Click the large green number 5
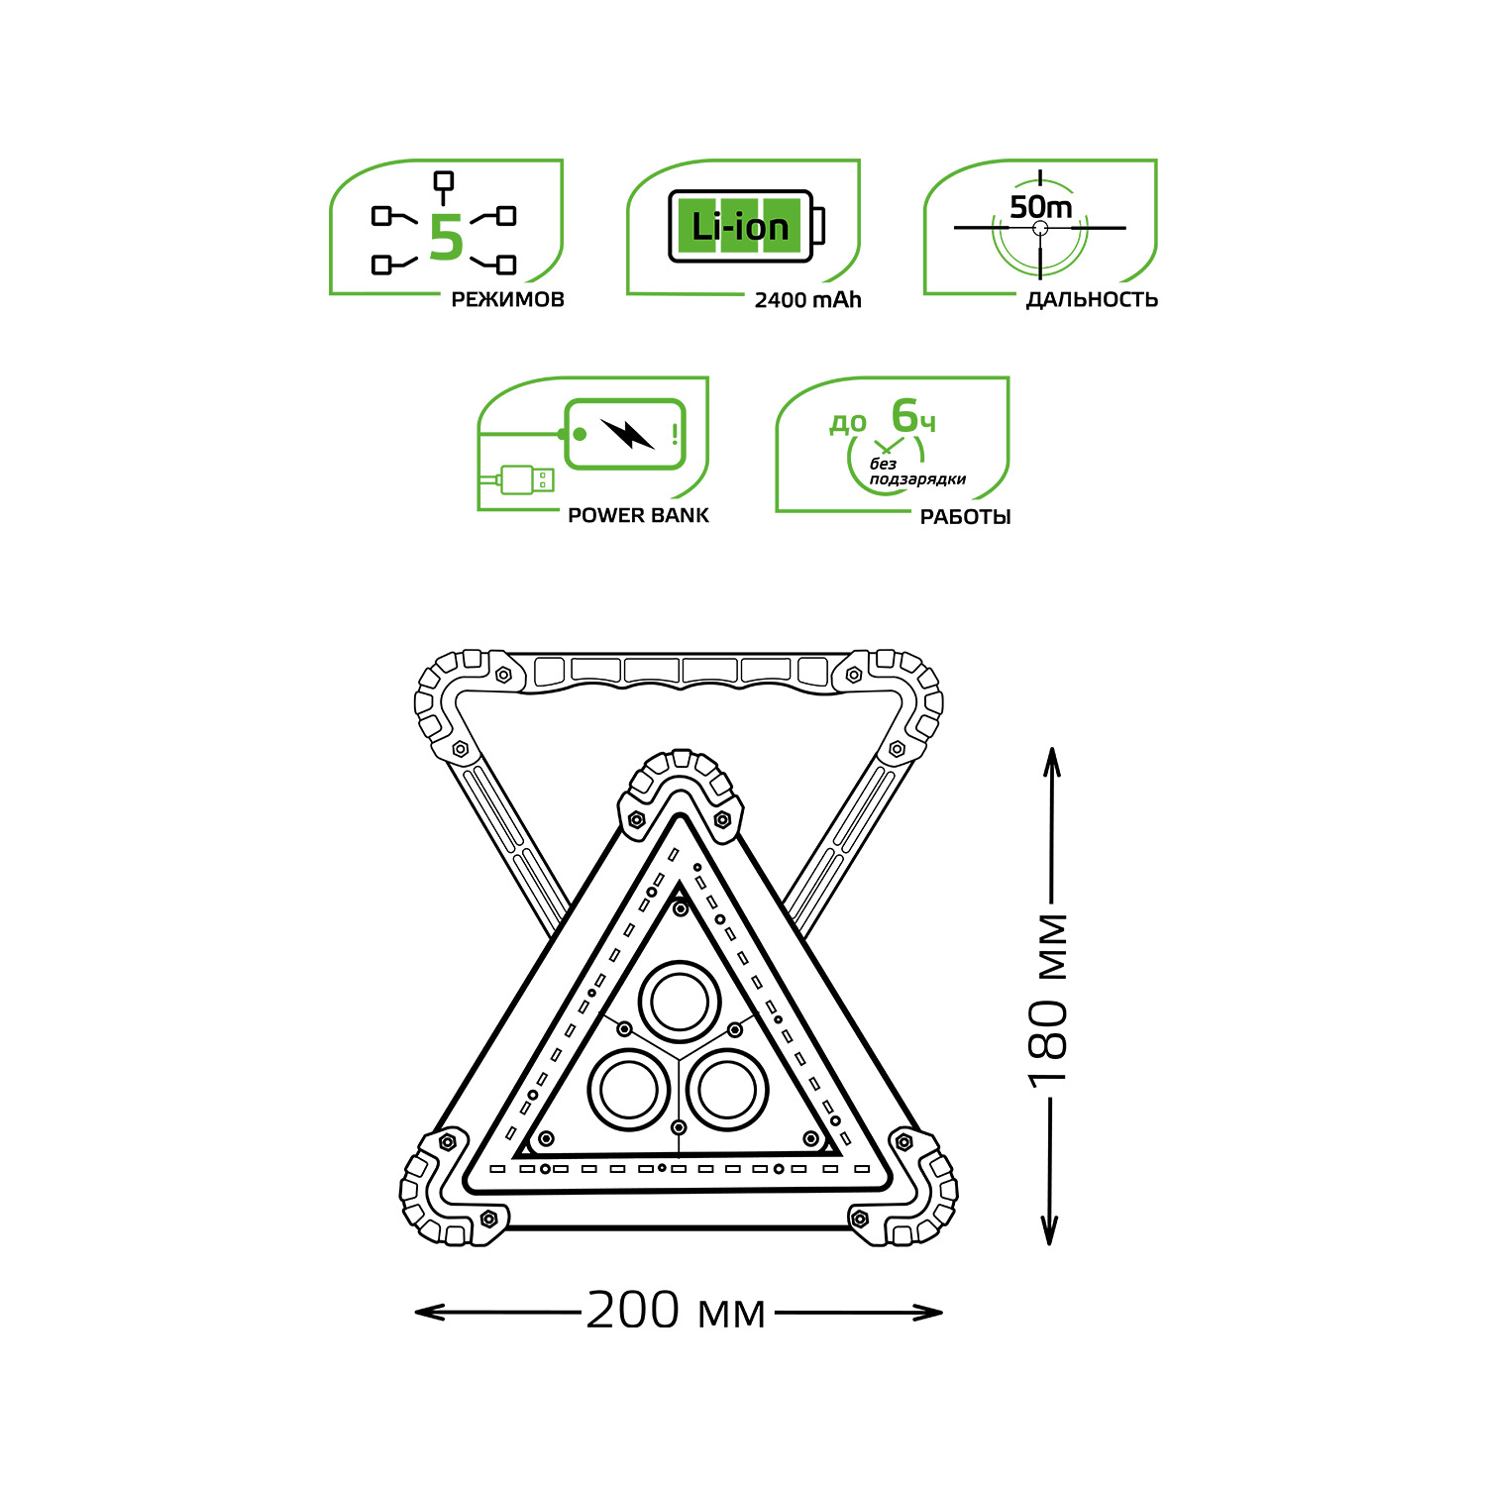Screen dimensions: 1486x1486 [x=447, y=239]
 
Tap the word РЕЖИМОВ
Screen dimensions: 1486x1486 [x=507, y=299]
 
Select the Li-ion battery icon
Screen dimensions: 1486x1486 [x=746, y=227]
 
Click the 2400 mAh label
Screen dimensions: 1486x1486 [x=807, y=300]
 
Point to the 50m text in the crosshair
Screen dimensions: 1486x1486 [x=1040, y=207]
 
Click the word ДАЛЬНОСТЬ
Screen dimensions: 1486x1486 [x=1092, y=299]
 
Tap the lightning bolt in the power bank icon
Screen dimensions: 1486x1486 [x=628, y=433]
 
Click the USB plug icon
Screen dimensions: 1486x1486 [x=527, y=479]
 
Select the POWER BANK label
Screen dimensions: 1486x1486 [x=638, y=515]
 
